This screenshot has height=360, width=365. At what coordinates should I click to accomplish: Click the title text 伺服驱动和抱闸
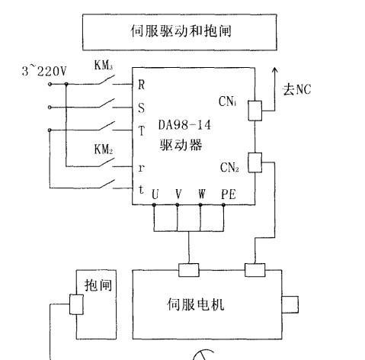point(181,31)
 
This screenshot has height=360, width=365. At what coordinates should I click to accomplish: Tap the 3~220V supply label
point(44,71)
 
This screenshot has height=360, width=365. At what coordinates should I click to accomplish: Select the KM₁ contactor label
point(104,65)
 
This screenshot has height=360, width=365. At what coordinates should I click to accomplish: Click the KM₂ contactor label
point(104,149)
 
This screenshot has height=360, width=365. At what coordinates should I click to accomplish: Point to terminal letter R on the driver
point(142,85)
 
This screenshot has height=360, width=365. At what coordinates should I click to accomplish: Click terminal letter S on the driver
point(142,108)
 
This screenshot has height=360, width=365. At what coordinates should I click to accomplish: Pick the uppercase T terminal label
point(142,131)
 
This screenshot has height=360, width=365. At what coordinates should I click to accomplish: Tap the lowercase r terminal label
point(141,168)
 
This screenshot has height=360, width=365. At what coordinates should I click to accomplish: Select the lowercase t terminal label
point(141,190)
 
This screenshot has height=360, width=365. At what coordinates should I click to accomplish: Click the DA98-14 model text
point(184,125)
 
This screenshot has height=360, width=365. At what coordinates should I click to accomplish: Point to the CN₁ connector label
point(228,101)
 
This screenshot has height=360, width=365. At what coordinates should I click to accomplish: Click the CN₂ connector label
point(229,167)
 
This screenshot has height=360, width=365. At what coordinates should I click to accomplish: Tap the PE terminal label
point(229,194)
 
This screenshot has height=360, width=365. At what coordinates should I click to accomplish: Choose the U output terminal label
point(155,194)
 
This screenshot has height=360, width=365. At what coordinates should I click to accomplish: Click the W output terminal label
point(202,194)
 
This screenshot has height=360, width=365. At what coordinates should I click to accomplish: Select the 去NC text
point(297,89)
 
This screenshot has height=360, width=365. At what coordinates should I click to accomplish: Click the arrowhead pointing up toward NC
point(274,70)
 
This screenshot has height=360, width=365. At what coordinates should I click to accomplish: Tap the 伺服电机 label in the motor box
point(196,304)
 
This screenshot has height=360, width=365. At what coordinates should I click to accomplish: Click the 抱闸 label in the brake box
point(98,284)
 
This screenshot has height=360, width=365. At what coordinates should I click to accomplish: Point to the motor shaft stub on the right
point(290,304)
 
